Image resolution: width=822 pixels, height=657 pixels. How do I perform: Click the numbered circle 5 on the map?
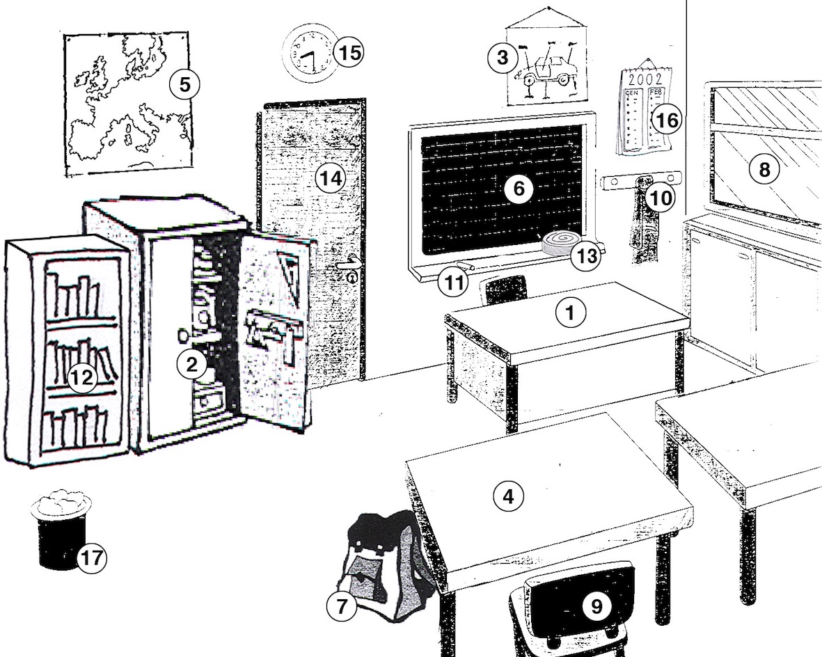pyautogui.click(x=184, y=84)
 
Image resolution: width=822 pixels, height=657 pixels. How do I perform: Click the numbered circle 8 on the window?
pyautogui.click(x=764, y=169)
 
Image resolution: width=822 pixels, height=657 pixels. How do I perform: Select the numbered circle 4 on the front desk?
pyautogui.click(x=507, y=496)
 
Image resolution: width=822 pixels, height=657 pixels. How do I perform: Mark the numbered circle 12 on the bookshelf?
pyautogui.click(x=83, y=378)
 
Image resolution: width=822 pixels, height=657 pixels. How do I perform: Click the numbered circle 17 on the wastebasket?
pyautogui.click(x=91, y=557)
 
